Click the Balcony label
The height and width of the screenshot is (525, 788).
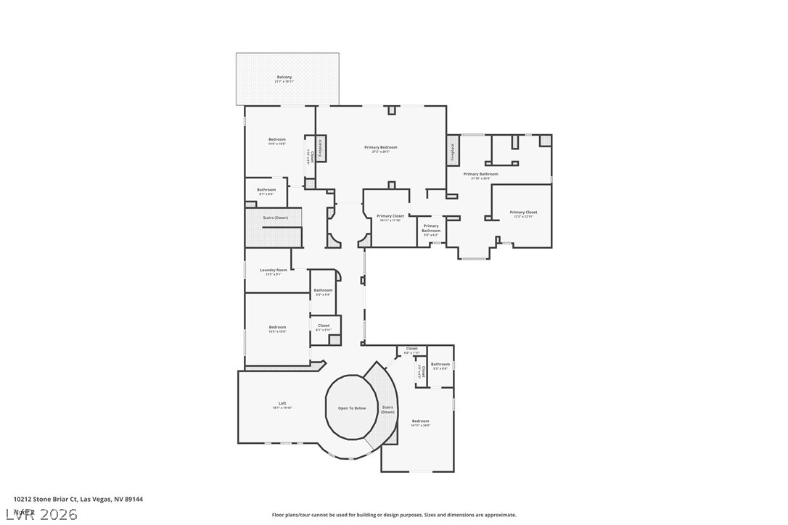pyautogui.click(x=284, y=78)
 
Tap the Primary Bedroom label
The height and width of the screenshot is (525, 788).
pyautogui.click(x=380, y=148)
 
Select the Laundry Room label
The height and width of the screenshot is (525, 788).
pyautogui.click(x=274, y=270)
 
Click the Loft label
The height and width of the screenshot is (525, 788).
pyautogui.click(x=282, y=404)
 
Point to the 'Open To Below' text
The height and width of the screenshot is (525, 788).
pyautogui.click(x=352, y=408)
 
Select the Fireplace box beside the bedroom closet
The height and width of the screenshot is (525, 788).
pyautogui.click(x=320, y=149)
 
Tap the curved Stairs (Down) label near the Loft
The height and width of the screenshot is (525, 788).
pyautogui.click(x=387, y=410)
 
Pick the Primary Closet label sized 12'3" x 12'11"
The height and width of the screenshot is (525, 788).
pyautogui.click(x=523, y=212)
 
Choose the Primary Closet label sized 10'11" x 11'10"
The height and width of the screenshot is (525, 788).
pyautogui.click(x=390, y=216)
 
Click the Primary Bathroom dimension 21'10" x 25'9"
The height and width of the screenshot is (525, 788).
pyautogui.click(x=480, y=178)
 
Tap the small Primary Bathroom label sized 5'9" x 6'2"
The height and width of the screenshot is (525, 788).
pyautogui.click(x=431, y=228)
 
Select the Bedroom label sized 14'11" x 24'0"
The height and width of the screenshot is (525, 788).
pyautogui.click(x=420, y=421)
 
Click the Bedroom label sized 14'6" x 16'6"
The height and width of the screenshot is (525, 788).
pyautogui.click(x=276, y=140)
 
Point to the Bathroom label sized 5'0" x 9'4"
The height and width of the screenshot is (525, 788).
pyautogui.click(x=323, y=291)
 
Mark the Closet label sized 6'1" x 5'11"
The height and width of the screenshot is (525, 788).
pyautogui.click(x=324, y=326)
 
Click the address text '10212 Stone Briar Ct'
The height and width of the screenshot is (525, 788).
pyautogui.click(x=45, y=499)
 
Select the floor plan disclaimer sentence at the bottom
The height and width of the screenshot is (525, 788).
pyautogui.click(x=394, y=515)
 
